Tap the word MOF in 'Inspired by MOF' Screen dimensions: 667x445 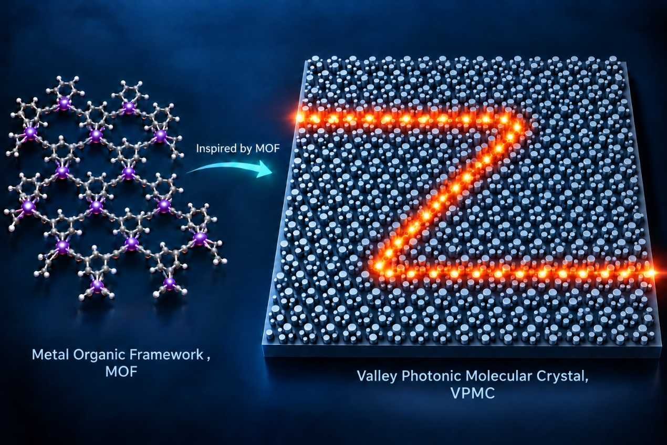click(x=267, y=149)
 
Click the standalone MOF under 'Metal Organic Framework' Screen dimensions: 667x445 click(x=121, y=372)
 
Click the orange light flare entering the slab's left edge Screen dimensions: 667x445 click(x=299, y=117)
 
